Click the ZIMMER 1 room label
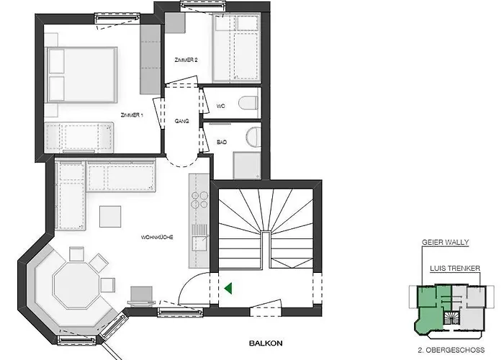[132, 114]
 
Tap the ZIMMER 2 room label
[186, 60]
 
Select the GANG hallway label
[181, 121]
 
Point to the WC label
[221, 106]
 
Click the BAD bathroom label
[222, 143]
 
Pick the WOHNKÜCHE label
[157, 237]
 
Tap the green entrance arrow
[227, 289]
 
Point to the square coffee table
[110, 216]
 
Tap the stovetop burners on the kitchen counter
[199, 202]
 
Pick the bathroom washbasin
[251, 137]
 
